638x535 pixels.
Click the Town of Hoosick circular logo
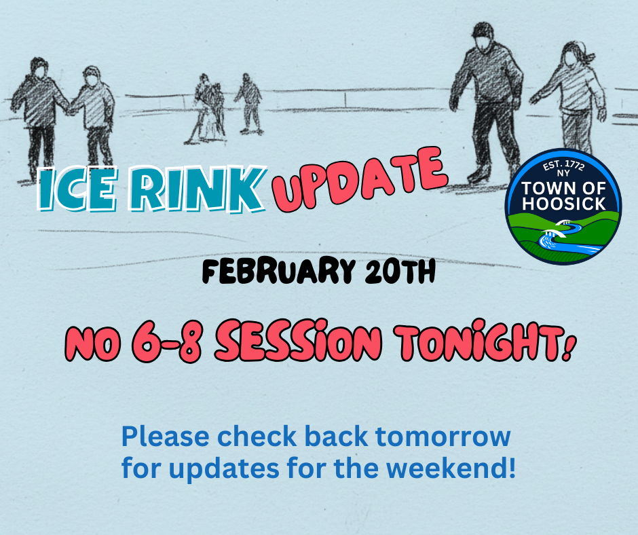(563, 206)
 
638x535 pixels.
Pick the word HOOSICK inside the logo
(563, 203)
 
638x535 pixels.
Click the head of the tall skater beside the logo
(484, 38)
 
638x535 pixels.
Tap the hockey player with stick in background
(207, 109)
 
